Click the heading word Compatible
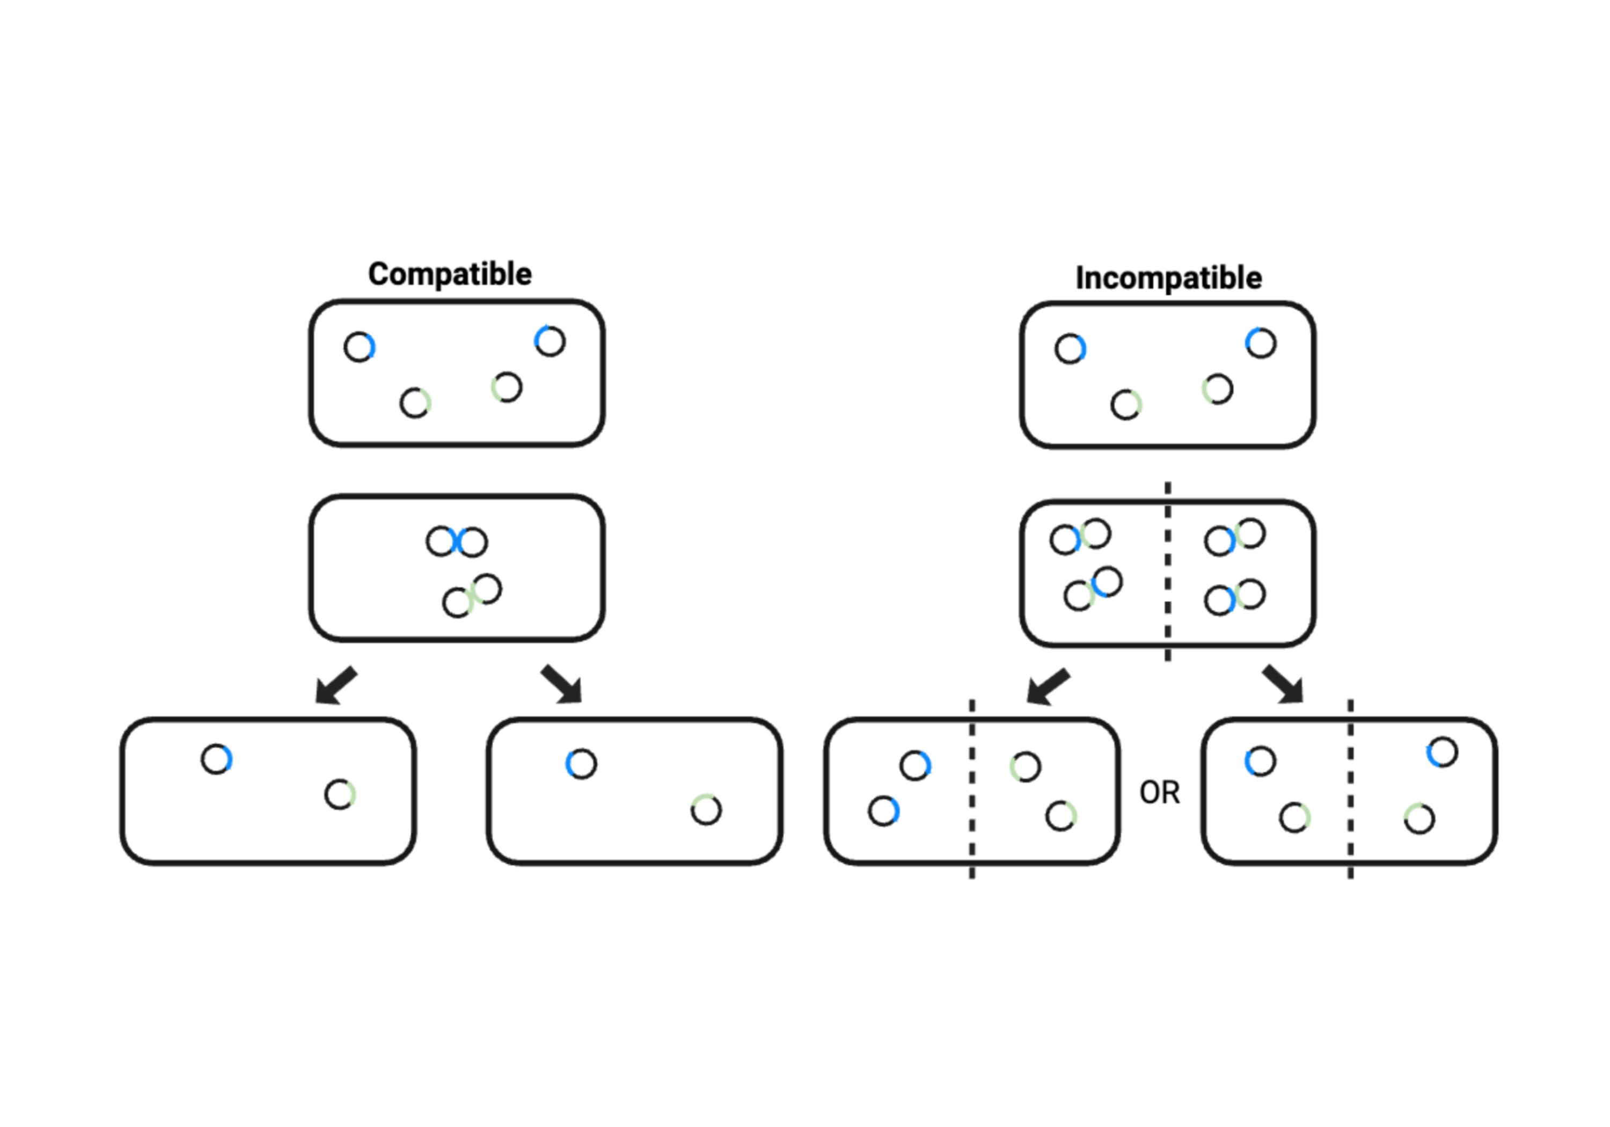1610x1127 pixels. [450, 274]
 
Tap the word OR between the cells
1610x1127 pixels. [1160, 793]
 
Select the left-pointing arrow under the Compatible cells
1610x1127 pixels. [336, 685]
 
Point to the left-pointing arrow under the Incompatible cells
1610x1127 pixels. [1048, 686]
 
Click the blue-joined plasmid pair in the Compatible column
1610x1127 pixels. [457, 542]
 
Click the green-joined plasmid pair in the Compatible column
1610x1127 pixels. [472, 595]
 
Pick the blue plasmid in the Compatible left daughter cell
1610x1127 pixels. [217, 759]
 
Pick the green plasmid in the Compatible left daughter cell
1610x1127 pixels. [340, 795]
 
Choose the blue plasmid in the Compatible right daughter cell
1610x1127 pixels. [581, 764]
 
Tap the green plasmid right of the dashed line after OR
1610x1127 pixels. [1419, 819]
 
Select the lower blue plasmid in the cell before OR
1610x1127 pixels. [883, 811]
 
